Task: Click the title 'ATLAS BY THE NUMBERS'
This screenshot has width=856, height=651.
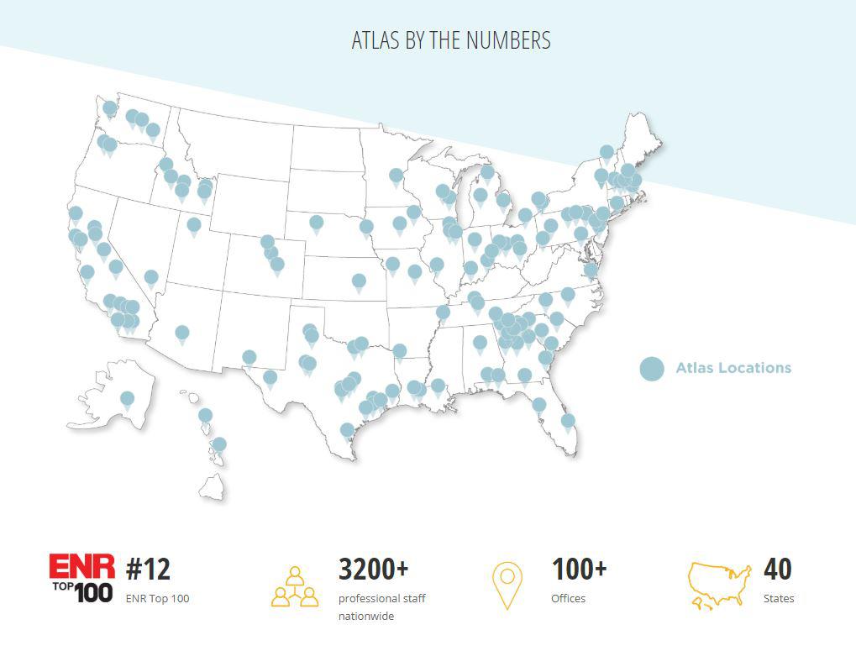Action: coord(451,40)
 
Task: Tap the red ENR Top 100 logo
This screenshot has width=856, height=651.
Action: coord(81,578)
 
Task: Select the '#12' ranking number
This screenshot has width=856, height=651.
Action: coord(148,570)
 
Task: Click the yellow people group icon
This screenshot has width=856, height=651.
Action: coord(295,586)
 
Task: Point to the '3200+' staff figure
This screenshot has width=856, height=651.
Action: coord(373,570)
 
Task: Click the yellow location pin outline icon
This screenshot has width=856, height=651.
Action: coord(507,585)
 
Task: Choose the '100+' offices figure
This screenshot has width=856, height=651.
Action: coord(579,570)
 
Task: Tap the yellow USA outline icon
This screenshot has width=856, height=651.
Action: coord(719,585)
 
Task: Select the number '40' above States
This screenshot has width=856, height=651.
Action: coord(777,570)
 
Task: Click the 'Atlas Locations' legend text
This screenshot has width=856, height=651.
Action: coord(733,368)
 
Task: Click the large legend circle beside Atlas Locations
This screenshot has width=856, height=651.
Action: coord(652,369)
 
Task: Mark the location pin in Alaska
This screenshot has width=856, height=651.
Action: coord(127,399)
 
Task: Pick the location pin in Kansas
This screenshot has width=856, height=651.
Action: coord(360,281)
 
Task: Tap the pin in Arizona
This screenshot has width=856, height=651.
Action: coord(182,333)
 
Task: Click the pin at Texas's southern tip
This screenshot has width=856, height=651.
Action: coord(347,431)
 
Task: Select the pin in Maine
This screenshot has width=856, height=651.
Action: coord(607,153)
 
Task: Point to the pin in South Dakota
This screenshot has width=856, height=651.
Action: coord(317,223)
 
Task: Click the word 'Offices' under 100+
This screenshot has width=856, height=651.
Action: coord(568,599)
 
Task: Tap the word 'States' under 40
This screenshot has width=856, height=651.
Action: coord(779,599)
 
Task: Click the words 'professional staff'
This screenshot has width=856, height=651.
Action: coord(381,599)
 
